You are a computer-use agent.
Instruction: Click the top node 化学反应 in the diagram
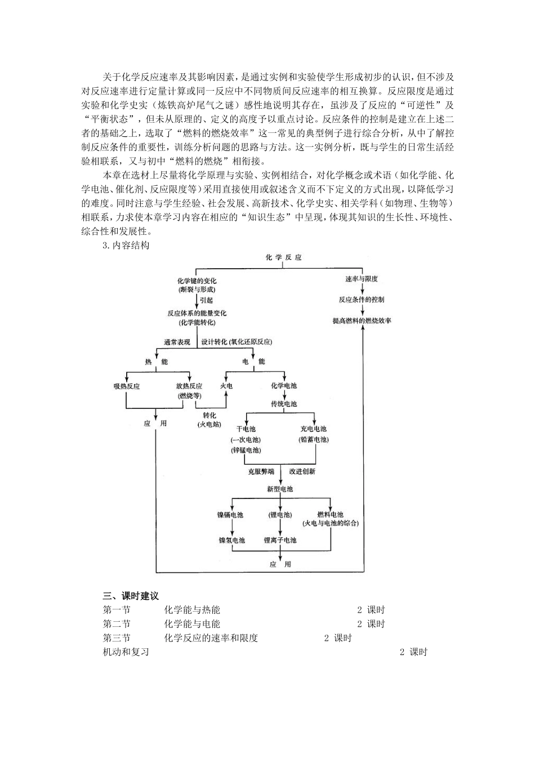284,257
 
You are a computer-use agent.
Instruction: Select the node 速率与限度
361,279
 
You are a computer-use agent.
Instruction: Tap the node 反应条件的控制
361,300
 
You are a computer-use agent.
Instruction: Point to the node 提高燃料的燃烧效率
362,320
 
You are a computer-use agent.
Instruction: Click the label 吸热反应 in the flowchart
126,386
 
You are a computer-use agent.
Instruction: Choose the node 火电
226,386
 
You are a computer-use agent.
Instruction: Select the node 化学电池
284,386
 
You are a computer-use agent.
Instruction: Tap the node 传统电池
284,404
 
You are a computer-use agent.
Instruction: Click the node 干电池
246,429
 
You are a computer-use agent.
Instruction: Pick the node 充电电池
314,429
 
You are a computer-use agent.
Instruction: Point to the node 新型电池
280,489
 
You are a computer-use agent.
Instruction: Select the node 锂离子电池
280,540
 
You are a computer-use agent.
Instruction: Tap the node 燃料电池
330,515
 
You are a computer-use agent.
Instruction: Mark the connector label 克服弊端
261,471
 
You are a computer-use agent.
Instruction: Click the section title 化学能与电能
192,624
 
